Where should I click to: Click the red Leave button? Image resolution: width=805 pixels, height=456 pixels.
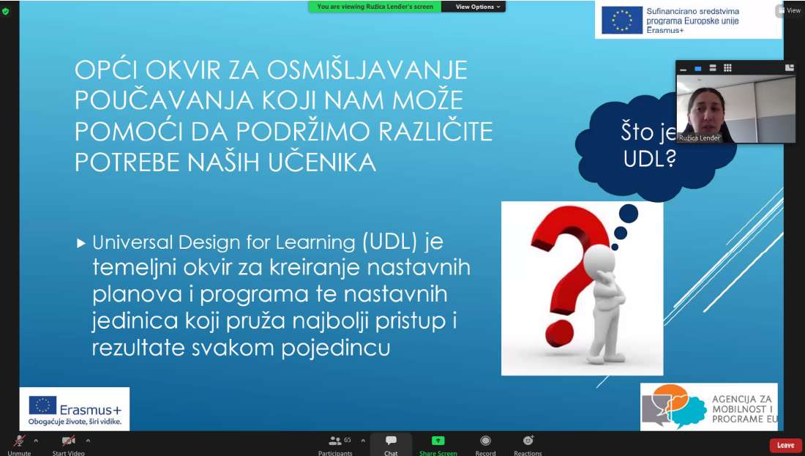pyautogui.click(x=785, y=445)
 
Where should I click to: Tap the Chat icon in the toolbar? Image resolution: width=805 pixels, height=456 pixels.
pyautogui.click(x=391, y=441)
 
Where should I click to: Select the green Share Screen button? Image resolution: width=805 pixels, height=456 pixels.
pyautogui.click(x=438, y=441)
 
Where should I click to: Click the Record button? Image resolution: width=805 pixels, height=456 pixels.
pyautogui.click(x=485, y=441)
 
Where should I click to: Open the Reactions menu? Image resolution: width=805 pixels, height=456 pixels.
pyautogui.click(x=528, y=440)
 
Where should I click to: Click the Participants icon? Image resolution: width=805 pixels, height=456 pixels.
pyautogui.click(x=335, y=441)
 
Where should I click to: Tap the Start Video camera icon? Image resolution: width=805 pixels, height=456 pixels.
pyautogui.click(x=68, y=441)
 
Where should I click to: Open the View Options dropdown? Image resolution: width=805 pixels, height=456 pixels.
pyautogui.click(x=477, y=7)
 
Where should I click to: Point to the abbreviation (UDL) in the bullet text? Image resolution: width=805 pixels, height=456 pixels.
pyautogui.click(x=391, y=242)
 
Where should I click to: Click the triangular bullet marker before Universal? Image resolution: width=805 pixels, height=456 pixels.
pyautogui.click(x=80, y=243)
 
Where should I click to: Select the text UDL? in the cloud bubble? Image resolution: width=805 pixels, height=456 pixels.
pyautogui.click(x=649, y=158)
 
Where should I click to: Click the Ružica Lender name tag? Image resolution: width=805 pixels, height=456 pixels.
pyautogui.click(x=699, y=138)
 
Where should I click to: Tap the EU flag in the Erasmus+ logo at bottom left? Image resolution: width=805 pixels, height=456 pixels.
pyautogui.click(x=42, y=405)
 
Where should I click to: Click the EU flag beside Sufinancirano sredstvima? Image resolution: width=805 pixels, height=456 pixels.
pyautogui.click(x=622, y=20)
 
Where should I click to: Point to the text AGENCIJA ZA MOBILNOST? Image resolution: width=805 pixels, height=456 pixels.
pyautogui.click(x=742, y=403)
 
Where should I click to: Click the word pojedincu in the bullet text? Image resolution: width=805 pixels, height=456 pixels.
pyautogui.click(x=336, y=348)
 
